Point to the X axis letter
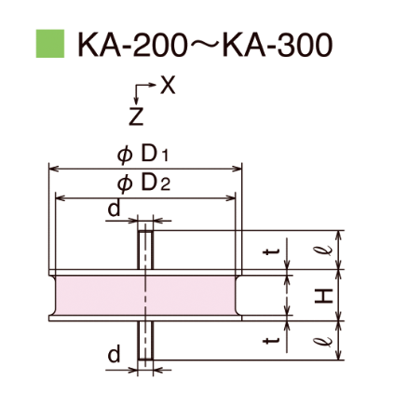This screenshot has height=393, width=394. point(168,86)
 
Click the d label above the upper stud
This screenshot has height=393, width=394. point(113,210)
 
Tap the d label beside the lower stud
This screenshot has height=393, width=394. point(114,354)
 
